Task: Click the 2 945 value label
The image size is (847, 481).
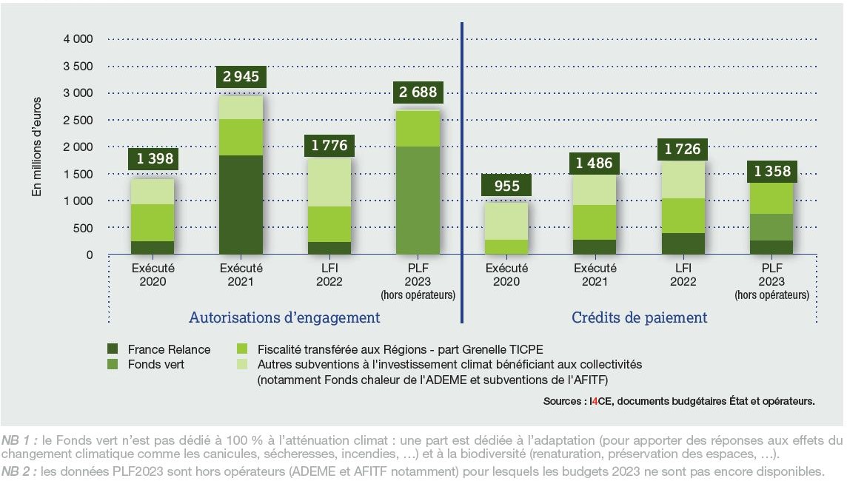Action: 241,76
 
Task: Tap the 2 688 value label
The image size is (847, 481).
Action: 419,93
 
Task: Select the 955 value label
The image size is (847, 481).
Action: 507,186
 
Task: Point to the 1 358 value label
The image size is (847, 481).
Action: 772,172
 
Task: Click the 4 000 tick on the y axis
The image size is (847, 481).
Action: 78,38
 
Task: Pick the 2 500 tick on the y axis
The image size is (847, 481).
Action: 78,120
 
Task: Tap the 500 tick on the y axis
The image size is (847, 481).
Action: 83,228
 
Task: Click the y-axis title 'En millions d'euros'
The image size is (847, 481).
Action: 36,148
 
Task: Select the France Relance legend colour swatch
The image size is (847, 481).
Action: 113,349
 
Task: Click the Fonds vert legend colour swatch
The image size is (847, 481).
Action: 113,364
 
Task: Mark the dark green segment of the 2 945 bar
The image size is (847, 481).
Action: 241,205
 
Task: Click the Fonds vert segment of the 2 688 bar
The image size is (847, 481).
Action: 419,201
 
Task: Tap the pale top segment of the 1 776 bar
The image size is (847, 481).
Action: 330,182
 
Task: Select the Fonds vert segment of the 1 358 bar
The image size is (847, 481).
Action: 772,227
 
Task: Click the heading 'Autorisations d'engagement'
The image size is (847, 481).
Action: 284,317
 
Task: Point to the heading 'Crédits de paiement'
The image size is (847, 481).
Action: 640,317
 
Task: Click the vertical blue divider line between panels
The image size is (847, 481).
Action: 462,170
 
